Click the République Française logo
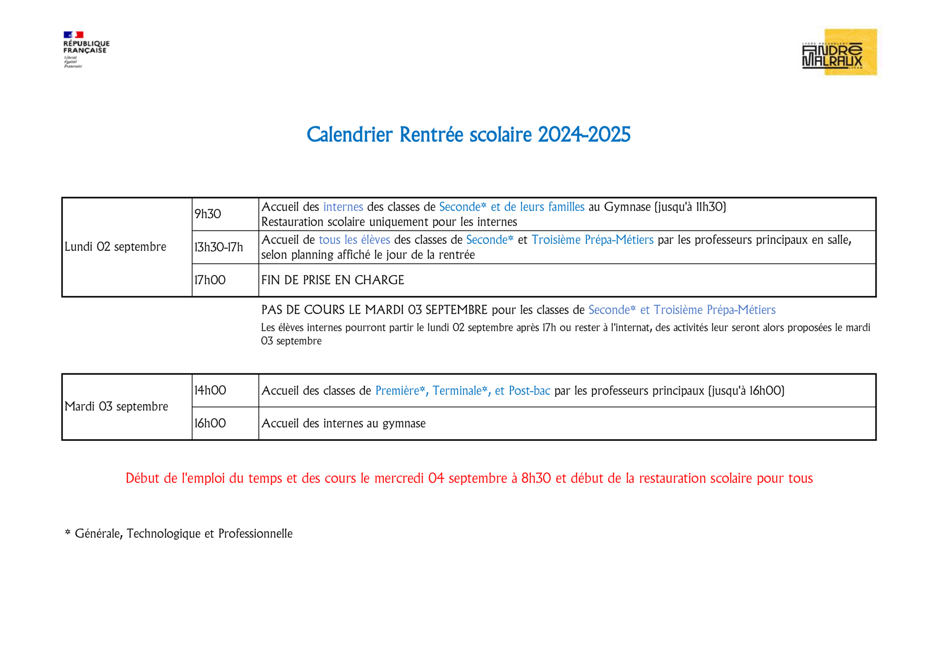86,49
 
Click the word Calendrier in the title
349,135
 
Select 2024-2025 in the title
584,135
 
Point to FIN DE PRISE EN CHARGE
332,280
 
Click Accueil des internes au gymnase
343,423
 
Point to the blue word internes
343,207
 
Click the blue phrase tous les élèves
354,240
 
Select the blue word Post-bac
529,391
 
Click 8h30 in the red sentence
536,478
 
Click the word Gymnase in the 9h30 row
627,207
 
